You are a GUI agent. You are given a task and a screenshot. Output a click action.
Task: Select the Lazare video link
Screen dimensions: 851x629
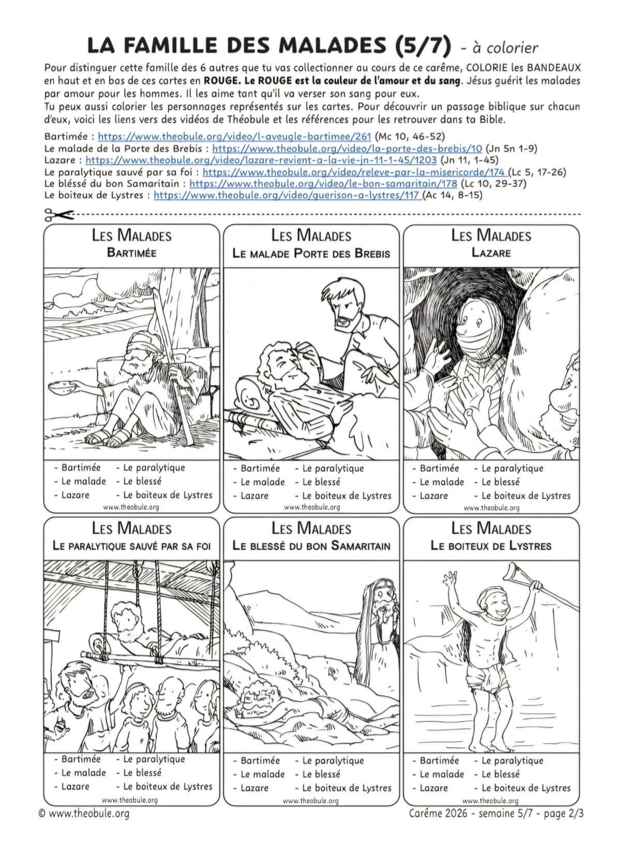coord(261,160)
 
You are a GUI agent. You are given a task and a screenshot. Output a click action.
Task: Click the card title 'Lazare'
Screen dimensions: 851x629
coord(491,253)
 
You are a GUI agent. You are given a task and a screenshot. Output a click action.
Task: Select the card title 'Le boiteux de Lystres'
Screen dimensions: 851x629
coord(491,546)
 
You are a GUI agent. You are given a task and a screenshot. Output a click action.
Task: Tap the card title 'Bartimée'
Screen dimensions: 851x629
coord(131,253)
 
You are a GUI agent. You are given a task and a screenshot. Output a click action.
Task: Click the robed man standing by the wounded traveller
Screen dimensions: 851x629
coord(382,629)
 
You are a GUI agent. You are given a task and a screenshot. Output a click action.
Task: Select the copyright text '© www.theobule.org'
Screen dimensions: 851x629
coord(84,813)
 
